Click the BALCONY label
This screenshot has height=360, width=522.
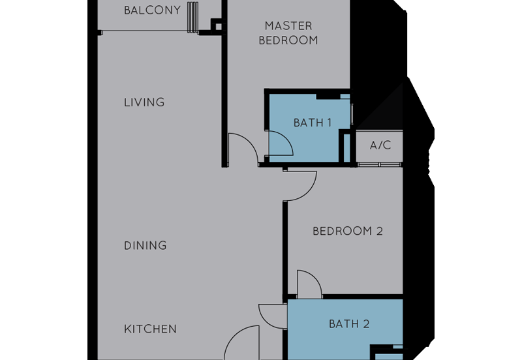152,10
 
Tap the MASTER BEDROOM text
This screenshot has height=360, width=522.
288,33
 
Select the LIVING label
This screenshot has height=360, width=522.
144,102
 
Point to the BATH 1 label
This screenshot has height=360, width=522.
313,123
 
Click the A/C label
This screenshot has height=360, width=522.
380,145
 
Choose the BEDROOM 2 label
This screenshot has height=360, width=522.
347,231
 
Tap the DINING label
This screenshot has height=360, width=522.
145,245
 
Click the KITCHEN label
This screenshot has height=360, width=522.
150,329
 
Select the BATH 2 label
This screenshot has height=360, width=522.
349,323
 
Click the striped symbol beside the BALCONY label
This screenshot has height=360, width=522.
192,16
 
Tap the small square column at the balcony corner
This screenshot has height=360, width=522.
216,25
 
